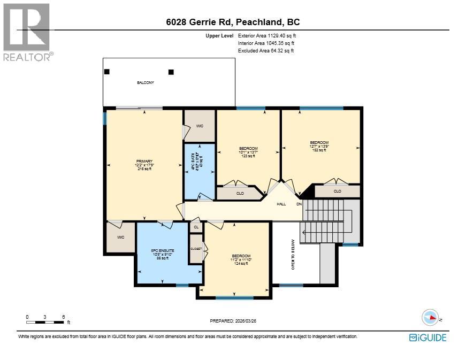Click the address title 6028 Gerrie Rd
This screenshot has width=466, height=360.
[232, 22]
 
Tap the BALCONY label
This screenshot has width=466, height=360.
[145, 83]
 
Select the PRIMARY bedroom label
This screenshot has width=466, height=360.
[144, 165]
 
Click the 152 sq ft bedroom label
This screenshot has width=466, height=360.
[319, 146]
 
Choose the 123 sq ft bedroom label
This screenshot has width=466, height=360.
[248, 152]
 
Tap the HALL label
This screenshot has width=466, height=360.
[281, 204]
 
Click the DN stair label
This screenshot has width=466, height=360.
[299, 204]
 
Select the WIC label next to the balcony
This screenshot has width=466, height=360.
[200, 126]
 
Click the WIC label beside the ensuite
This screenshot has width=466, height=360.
[121, 237]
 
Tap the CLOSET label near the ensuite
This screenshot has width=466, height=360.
[196, 249]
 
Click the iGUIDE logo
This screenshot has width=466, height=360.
[427, 338]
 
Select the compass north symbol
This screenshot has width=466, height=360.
[431, 318]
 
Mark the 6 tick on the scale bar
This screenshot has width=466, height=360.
[64, 317]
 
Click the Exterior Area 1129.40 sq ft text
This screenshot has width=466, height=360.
[266, 35]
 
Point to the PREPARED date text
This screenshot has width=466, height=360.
[236, 321]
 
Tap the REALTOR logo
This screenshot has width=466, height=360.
[28, 32]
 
